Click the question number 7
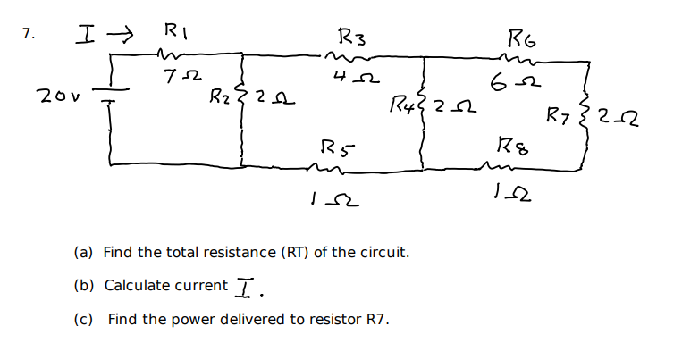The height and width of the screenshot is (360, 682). click(x=29, y=34)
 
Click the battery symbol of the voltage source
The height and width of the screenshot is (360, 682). click(x=112, y=95)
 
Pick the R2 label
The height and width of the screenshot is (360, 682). click(x=218, y=96)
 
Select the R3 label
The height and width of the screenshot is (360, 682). click(x=351, y=38)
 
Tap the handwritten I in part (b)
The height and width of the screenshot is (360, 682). click(x=247, y=286)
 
